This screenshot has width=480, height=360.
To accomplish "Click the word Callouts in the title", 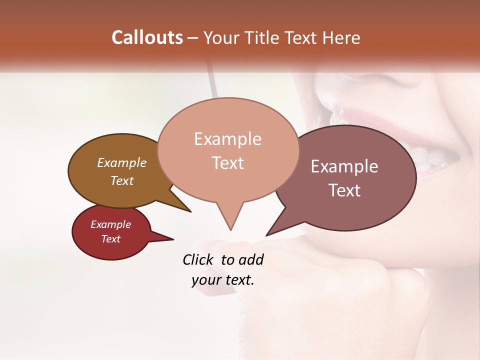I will tap(147, 37).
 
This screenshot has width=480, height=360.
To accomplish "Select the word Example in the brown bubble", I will tap(122, 162).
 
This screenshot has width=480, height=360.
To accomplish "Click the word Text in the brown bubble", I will tap(122, 180).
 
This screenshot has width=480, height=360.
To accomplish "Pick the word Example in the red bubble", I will tap(110, 224).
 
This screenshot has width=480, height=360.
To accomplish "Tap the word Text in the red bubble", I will tap(110, 239).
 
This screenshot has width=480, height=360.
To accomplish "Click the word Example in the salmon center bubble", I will tap(227, 138).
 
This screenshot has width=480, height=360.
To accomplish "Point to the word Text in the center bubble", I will tap(227, 162).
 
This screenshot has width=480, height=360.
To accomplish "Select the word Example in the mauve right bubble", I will tap(344, 166).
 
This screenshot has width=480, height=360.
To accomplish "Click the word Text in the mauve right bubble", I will tap(344, 190).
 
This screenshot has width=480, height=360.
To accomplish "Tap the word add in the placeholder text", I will tap(250, 259).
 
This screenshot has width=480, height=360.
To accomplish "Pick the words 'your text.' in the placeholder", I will tap(223, 280).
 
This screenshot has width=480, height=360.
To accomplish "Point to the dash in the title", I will tap(193, 37).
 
